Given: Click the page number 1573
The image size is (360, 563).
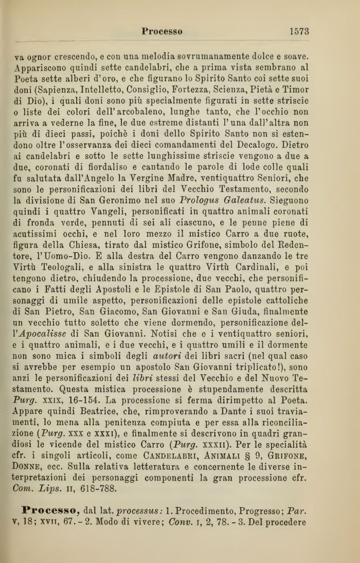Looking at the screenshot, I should (298, 31).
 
